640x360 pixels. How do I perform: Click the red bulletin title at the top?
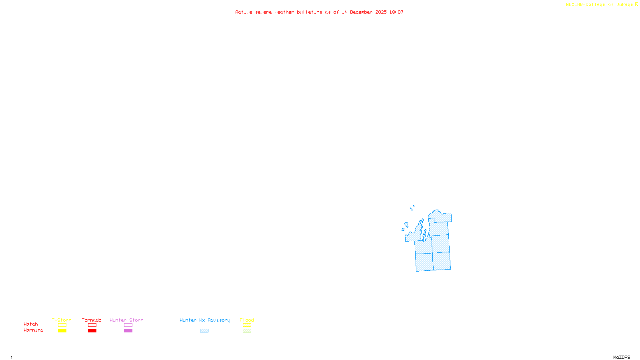point(319,12)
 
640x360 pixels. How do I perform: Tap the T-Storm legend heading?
point(62,320)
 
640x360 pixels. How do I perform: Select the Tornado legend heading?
point(92,320)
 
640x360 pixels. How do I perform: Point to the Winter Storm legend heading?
point(126,320)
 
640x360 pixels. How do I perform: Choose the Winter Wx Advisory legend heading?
point(205,320)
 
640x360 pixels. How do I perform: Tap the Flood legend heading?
point(247,320)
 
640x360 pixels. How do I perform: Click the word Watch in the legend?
point(31,324)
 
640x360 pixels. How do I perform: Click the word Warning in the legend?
point(34,330)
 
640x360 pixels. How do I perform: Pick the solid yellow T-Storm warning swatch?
point(62,331)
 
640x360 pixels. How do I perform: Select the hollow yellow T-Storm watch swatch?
point(62,325)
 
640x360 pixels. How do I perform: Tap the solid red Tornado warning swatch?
point(92,331)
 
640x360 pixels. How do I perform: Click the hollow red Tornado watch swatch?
point(92,325)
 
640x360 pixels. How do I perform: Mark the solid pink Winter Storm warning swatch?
point(128,331)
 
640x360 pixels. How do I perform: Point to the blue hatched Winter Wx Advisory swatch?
point(204,331)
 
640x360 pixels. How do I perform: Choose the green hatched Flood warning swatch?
point(247,331)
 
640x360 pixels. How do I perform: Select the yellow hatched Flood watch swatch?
point(247,325)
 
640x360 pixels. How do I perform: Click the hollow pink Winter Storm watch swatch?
point(128,325)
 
